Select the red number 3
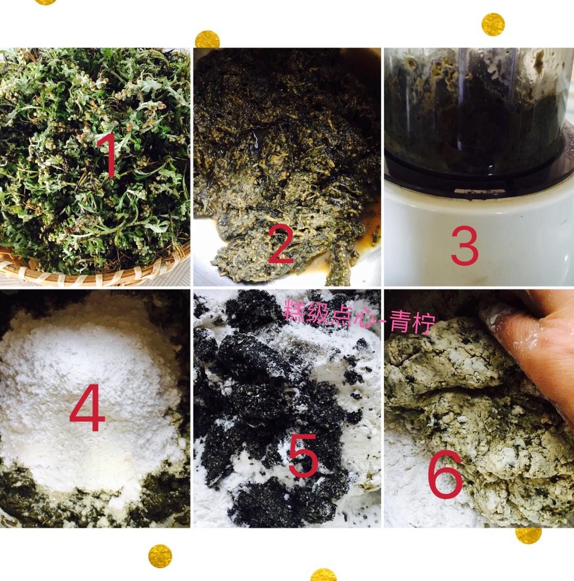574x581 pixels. pos(465,246)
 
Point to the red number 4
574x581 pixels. pos(88,408)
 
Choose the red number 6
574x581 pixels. pos(445,474)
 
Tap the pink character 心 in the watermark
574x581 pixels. pos(361,316)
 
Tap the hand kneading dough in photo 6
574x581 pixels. pos(534,344)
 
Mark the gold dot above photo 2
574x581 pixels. pos(207,39)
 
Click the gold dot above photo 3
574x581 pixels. pos(493,24)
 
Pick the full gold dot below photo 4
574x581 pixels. pos(160,556)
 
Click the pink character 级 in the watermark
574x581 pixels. pos(316,312)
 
